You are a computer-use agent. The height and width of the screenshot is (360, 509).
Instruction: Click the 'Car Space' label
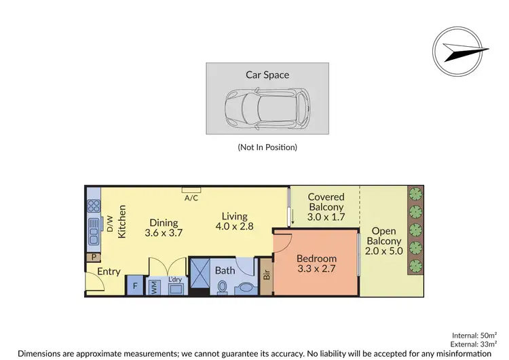point(267,75)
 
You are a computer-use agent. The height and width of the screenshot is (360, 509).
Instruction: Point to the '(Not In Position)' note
point(267,147)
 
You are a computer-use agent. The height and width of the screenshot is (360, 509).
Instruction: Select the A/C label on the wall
point(191,198)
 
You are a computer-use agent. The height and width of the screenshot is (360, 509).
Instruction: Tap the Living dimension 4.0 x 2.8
point(234,226)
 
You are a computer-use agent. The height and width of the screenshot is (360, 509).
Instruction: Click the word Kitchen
point(123,221)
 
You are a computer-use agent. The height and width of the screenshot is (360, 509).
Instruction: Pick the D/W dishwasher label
point(109,223)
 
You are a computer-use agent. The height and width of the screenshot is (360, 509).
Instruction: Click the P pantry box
point(92,257)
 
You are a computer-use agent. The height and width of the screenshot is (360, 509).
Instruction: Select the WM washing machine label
point(153,286)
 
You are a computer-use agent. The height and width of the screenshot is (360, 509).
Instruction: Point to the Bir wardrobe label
point(267,276)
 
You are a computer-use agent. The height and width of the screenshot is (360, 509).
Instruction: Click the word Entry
point(109,272)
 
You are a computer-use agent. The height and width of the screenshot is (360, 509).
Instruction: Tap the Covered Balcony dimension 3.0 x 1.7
point(326,217)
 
